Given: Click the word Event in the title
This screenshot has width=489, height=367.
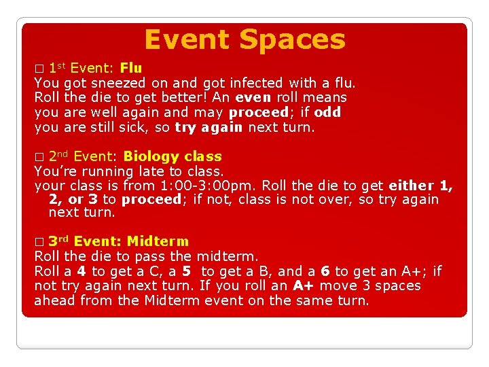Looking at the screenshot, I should click(x=188, y=39).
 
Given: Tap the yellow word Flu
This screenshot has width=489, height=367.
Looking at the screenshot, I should click(x=131, y=68).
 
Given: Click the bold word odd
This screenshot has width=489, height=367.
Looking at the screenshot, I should click(x=328, y=112).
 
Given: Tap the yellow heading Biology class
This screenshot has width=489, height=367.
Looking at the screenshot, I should click(x=173, y=156).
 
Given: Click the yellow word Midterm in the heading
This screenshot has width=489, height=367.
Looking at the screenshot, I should click(x=158, y=241).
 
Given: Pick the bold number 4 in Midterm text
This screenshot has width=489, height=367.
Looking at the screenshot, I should click(x=81, y=271).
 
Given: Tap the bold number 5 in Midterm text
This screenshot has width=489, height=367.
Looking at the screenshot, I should click(x=187, y=271).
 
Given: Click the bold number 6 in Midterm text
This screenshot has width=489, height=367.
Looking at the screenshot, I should click(x=325, y=271).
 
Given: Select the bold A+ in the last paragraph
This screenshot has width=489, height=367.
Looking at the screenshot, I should click(x=303, y=285).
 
